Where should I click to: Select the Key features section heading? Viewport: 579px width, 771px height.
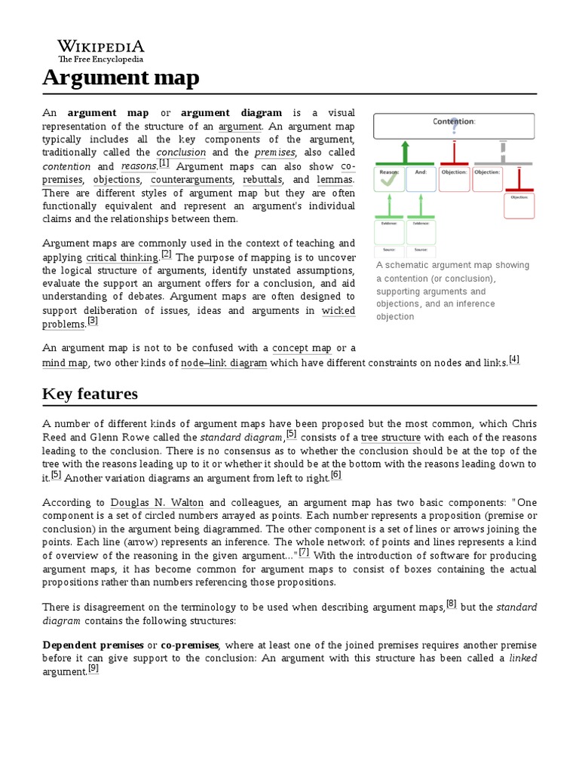click(x=90, y=394)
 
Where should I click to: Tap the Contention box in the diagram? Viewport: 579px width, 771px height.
click(x=454, y=125)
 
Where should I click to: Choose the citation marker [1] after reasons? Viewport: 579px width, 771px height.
click(x=164, y=163)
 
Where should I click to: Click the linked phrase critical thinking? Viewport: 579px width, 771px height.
click(x=122, y=258)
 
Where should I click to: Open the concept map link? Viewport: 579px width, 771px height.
click(x=302, y=348)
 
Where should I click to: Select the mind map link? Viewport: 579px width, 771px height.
click(x=65, y=363)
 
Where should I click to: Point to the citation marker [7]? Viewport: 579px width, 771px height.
click(x=304, y=552)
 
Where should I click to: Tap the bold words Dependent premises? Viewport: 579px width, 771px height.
click(x=93, y=645)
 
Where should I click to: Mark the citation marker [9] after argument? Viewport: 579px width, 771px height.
click(x=93, y=668)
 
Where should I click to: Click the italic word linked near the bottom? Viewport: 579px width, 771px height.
click(x=522, y=657)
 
